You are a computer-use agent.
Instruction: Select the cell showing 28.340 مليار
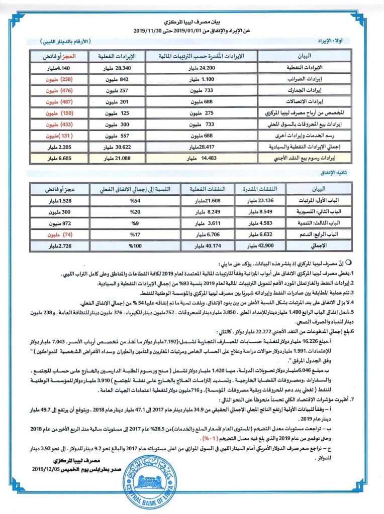point(117,66)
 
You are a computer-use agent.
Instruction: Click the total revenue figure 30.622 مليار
point(117,148)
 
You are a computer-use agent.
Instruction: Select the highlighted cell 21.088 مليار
point(117,158)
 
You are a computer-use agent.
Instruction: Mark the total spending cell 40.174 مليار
point(207,246)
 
